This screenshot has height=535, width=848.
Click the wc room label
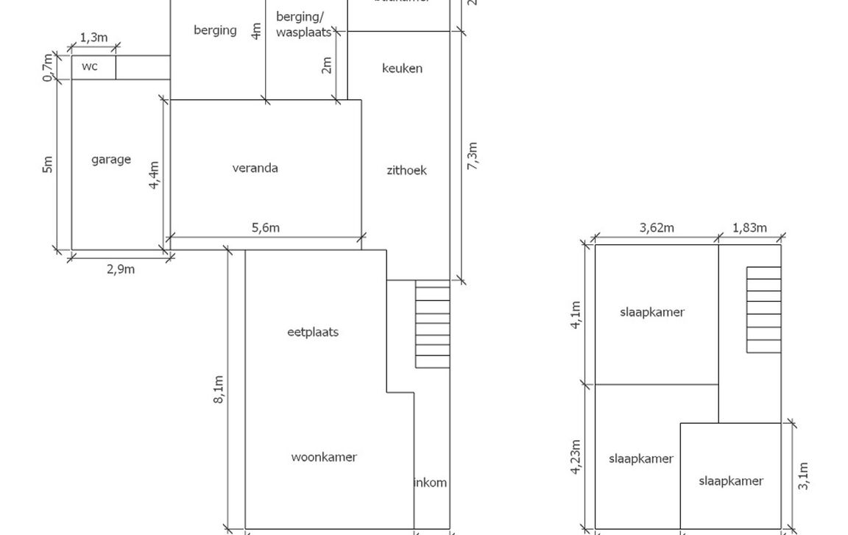(89, 67)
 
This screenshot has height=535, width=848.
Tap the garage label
(111, 160)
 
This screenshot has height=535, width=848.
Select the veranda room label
(255, 169)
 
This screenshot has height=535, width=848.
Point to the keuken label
(402, 68)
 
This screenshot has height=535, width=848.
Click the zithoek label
(406, 171)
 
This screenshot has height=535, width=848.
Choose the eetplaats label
(313, 332)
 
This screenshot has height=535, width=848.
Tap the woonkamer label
(324, 457)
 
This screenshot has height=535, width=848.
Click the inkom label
(431, 483)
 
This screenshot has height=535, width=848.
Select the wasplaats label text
(303, 33)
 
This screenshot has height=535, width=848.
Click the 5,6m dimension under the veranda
(266, 227)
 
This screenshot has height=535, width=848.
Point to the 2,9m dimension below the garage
(121, 269)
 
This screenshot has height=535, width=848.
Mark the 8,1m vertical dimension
(219, 390)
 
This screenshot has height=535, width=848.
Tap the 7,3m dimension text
(473, 157)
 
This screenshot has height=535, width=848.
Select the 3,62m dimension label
(657, 228)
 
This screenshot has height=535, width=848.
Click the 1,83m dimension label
(749, 228)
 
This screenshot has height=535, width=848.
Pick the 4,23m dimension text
(576, 457)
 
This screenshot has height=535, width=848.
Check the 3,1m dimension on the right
(803, 476)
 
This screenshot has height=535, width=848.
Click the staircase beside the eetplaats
(432, 324)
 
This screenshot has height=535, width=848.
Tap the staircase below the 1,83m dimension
(763, 310)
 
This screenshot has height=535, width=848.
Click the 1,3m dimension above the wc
(93, 38)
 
